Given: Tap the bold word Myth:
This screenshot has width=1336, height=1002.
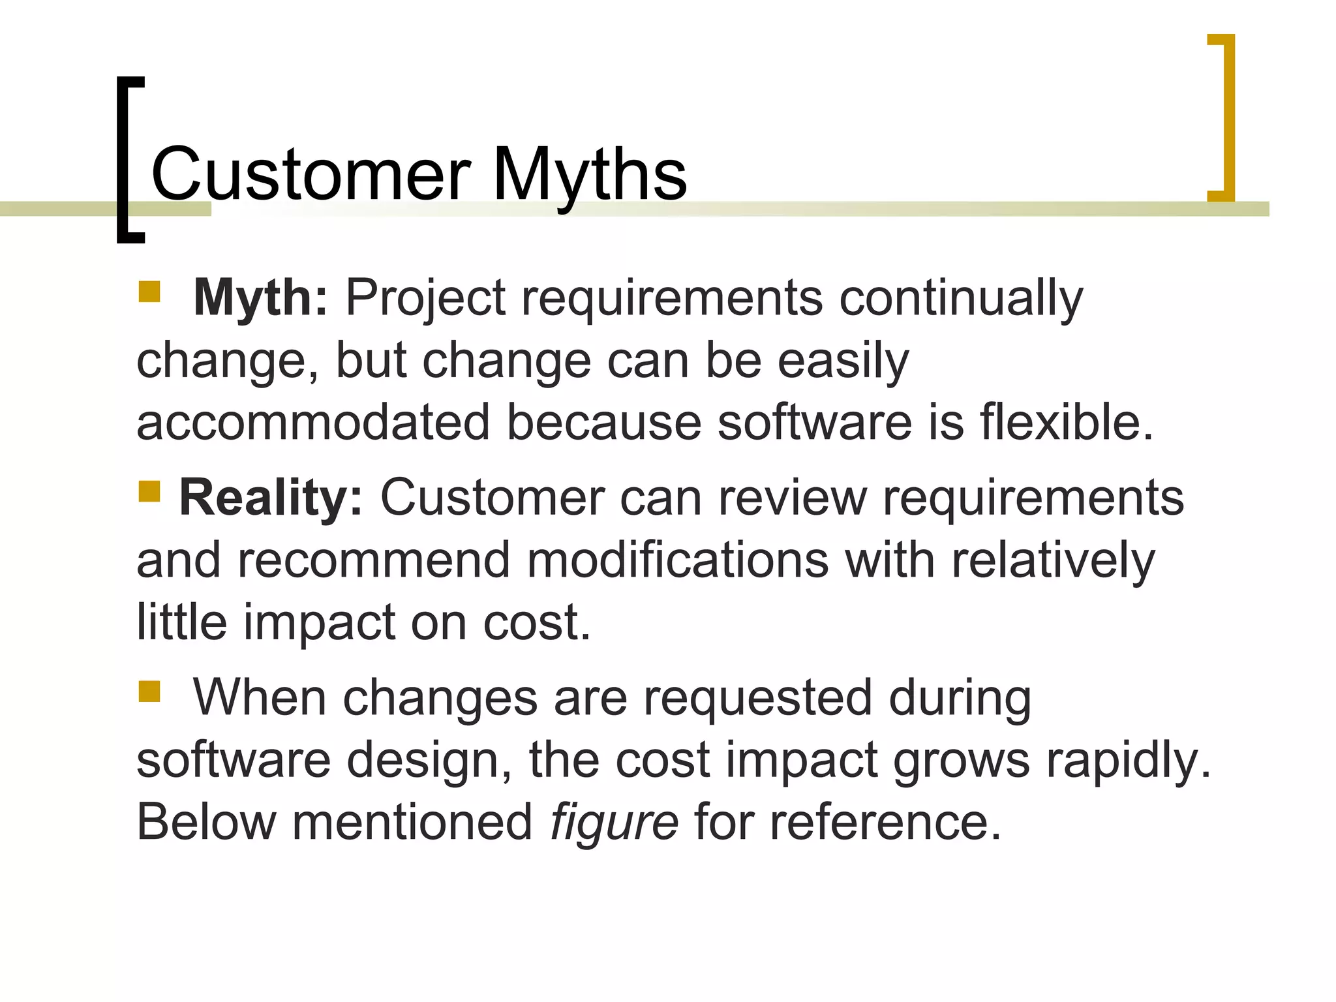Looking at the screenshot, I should click(x=260, y=298).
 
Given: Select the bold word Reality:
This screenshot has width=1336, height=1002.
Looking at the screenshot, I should click(x=270, y=498).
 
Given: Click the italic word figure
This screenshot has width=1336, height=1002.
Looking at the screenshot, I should click(x=614, y=822).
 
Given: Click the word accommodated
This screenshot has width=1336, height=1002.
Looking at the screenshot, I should click(x=313, y=422).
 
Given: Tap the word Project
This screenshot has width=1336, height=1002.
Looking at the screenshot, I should click(x=425, y=298).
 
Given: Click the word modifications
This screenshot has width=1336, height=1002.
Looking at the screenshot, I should click(x=677, y=560).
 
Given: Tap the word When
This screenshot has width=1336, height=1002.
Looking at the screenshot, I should click(x=259, y=698).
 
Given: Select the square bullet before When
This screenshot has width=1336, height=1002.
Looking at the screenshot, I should click(x=149, y=691).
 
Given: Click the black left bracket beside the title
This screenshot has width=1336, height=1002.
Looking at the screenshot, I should click(x=123, y=160).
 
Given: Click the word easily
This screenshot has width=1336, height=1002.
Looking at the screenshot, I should click(x=843, y=361).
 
